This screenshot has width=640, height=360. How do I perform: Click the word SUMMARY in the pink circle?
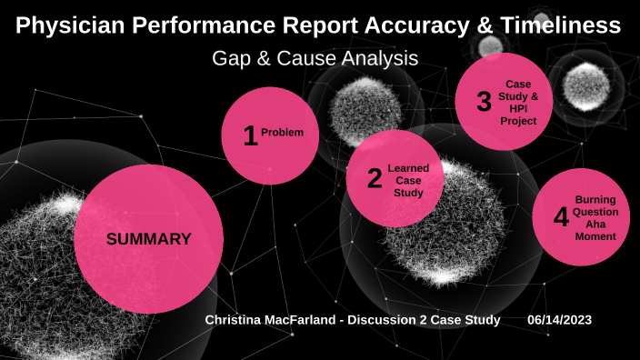click(x=148, y=240)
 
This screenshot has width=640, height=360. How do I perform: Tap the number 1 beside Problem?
click(x=250, y=135)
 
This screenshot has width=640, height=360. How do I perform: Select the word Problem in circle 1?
click(x=283, y=133)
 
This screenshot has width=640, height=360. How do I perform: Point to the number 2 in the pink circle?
click(x=375, y=179)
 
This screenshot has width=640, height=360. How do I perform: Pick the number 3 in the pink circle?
click(x=484, y=101)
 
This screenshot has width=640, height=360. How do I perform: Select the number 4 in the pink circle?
click(x=561, y=217)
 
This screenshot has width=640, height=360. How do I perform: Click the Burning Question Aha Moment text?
click(x=596, y=217)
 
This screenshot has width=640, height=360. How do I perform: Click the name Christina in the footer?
click(x=235, y=321)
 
